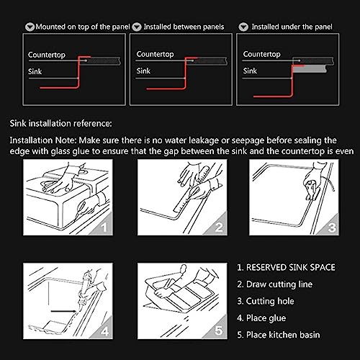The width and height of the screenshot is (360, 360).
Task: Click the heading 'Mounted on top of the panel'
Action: [x=83, y=27]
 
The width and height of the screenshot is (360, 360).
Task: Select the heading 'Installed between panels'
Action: [x=184, y=27]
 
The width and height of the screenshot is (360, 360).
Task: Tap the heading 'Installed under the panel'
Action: [x=292, y=27]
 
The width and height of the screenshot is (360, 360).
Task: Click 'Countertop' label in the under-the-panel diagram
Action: [x=261, y=54]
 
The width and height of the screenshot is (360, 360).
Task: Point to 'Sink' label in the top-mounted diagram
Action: [x=35, y=71]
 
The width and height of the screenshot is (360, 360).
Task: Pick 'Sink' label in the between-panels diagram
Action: [x=143, y=71]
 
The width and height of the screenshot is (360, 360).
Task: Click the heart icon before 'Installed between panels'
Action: [x=137, y=27]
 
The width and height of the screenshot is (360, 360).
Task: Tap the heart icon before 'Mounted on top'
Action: [x=30, y=27]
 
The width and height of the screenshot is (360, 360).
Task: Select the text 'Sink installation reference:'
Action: [x=60, y=123]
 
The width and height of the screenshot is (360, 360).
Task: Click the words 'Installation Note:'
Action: [x=43, y=140]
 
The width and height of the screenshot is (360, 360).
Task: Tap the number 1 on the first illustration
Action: [x=104, y=227]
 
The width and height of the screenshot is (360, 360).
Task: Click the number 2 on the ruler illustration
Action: [x=218, y=227]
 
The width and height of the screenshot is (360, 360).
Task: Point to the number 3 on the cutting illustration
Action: [x=332, y=227]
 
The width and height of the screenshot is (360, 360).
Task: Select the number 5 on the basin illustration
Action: [x=218, y=330]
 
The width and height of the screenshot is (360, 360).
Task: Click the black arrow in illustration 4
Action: [x=63, y=311]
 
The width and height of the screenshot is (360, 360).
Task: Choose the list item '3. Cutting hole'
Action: [x=266, y=301]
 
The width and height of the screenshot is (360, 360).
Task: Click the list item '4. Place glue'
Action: [x=261, y=318]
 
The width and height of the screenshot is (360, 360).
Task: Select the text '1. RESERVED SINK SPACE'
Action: [x=286, y=267]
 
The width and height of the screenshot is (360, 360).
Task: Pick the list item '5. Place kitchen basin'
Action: [x=279, y=335]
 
